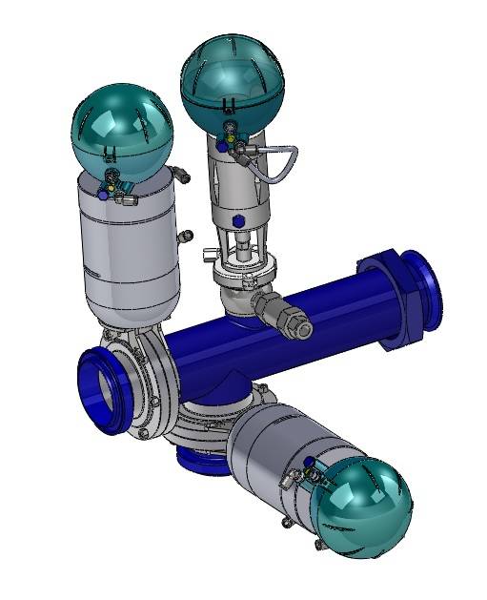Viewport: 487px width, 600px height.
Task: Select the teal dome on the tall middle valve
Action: coord(229,76)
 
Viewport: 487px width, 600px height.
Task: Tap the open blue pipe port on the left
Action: coord(99,392)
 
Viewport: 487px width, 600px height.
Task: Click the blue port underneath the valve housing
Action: coord(201,464)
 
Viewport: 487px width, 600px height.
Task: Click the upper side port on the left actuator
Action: coord(183,175)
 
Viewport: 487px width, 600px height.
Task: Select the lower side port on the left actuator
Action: coord(186,235)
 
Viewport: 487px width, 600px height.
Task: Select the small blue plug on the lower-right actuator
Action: coord(309,462)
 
